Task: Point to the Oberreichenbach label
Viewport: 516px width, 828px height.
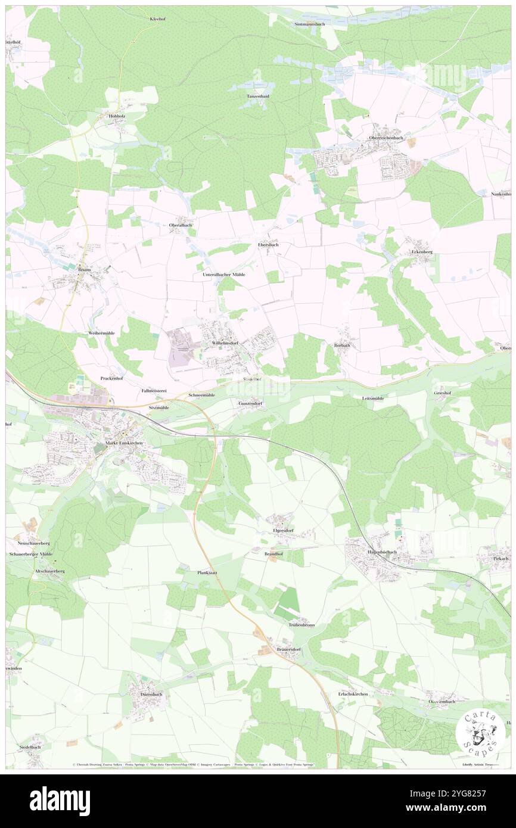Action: pos(386,138)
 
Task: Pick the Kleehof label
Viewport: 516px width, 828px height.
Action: pos(157,19)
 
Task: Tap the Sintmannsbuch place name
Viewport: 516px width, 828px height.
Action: pos(312,24)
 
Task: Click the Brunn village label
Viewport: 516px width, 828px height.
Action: pos(83,270)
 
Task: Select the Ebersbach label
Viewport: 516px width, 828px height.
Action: pos(268,245)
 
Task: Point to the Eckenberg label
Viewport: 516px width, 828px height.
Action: pos(422,252)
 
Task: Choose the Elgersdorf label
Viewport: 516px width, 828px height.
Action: pos(283,530)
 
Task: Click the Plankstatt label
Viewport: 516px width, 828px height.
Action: pos(207,572)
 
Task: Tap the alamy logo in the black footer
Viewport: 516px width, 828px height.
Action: pos(60,801)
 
